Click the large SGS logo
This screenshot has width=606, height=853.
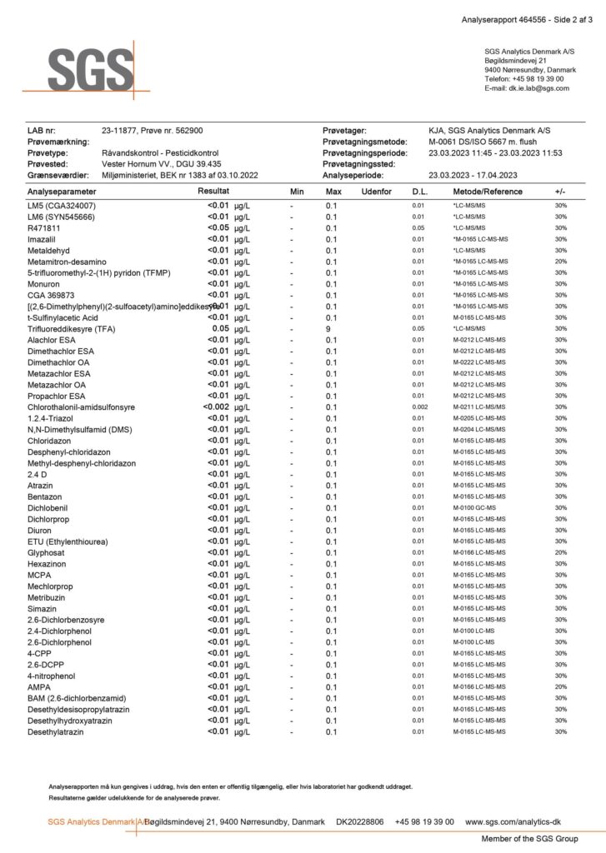[x=89, y=67]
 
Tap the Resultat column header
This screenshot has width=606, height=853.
[x=213, y=192]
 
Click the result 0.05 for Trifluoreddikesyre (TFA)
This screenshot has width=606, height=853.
[x=220, y=328]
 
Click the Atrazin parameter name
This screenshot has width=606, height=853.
[x=41, y=485]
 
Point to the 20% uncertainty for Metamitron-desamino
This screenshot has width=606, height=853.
[x=560, y=261]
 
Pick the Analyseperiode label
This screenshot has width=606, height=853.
[x=353, y=176]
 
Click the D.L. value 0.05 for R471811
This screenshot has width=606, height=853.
[x=418, y=227]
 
